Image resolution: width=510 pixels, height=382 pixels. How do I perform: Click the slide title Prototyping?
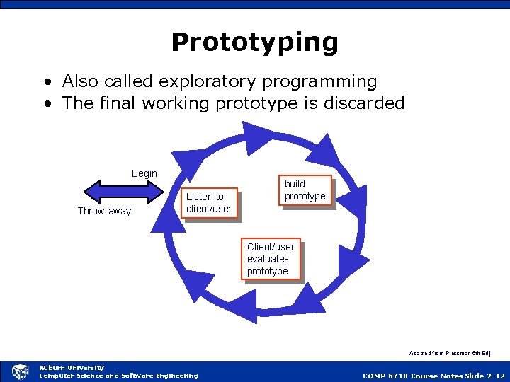point(254,42)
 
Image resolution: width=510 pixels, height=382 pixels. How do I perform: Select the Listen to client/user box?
point(209,203)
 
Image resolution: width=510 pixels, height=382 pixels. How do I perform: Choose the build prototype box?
point(305,190)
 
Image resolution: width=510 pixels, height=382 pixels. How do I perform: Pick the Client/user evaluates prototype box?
point(271,259)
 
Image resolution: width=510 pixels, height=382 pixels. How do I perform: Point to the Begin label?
point(144,173)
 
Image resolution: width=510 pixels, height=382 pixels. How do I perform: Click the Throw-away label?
point(104,211)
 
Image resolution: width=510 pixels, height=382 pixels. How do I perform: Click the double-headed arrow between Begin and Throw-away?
point(124,192)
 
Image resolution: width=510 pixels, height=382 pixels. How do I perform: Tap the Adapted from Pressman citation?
point(449,352)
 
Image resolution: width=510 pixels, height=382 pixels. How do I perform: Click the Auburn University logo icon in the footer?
point(21,371)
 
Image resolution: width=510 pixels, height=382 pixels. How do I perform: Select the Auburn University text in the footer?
point(71,368)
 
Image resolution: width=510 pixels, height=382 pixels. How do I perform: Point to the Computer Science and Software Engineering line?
point(118,376)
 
